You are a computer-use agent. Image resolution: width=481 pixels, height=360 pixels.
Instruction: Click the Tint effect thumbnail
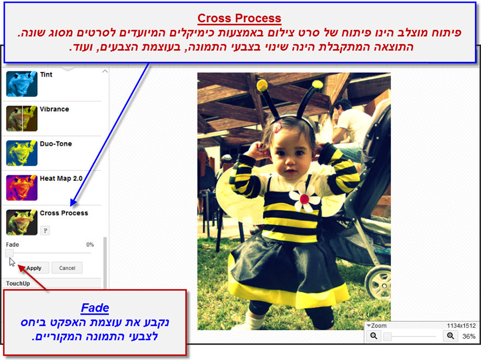click(x=22, y=84)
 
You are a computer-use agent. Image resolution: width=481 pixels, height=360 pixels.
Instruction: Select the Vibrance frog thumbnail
click(x=22, y=119)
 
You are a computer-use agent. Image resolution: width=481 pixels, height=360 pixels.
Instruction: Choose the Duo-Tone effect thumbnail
click(x=22, y=153)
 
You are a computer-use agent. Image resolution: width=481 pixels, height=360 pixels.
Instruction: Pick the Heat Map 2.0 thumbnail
click(x=22, y=188)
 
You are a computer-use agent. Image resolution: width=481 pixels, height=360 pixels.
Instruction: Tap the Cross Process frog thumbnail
click(x=22, y=222)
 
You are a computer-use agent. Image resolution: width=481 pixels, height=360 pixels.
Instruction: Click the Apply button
click(x=34, y=268)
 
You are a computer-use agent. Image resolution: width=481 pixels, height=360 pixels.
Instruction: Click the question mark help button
click(x=45, y=231)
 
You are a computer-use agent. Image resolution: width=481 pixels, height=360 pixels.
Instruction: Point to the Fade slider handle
click(x=9, y=253)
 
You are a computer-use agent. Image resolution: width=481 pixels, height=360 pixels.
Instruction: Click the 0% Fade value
click(x=90, y=244)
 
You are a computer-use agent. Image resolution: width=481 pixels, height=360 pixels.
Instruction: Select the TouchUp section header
click(x=18, y=284)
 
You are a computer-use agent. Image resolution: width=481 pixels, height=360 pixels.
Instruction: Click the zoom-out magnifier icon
click(x=374, y=336)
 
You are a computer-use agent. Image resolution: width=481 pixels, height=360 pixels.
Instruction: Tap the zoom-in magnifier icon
click(x=450, y=336)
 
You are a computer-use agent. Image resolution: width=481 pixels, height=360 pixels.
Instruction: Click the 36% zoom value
click(x=469, y=337)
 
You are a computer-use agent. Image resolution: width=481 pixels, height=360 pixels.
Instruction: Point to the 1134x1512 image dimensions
click(x=461, y=326)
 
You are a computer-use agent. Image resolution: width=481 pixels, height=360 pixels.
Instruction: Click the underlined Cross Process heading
click(x=239, y=19)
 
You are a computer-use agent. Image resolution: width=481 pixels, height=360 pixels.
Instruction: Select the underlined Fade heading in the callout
click(x=95, y=308)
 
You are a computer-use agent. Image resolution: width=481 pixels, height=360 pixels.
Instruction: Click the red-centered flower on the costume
click(x=304, y=198)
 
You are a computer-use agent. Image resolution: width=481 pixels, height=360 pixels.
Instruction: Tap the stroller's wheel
click(x=378, y=284)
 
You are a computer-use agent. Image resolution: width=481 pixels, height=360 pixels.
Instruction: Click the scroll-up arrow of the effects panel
click(x=105, y=71)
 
